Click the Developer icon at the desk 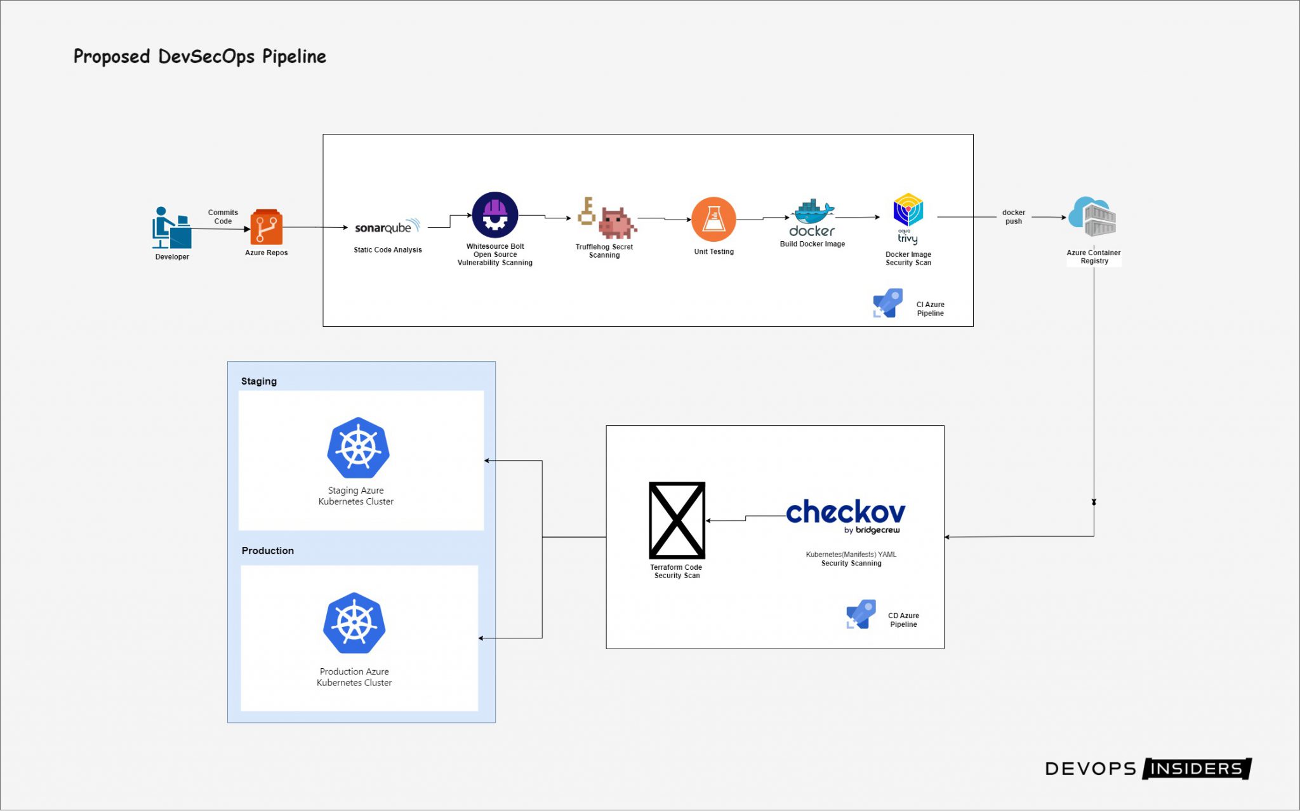coord(171,228)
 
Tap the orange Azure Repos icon coord(266,227)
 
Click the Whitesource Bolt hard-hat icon coord(495,215)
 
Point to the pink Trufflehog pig coord(616,223)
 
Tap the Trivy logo coord(908,218)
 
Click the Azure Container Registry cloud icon coord(1092,217)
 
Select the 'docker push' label coord(1014,217)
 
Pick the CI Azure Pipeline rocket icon coord(887,303)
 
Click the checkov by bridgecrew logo coord(846,515)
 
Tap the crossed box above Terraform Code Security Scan coord(677,520)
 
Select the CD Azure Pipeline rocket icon coord(861,614)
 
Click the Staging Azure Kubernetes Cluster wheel coord(358,447)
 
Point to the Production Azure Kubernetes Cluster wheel coord(354,623)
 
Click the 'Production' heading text coord(267,551)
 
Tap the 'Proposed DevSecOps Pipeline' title coord(200,56)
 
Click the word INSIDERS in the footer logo coord(1196,768)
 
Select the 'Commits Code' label coord(223,217)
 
